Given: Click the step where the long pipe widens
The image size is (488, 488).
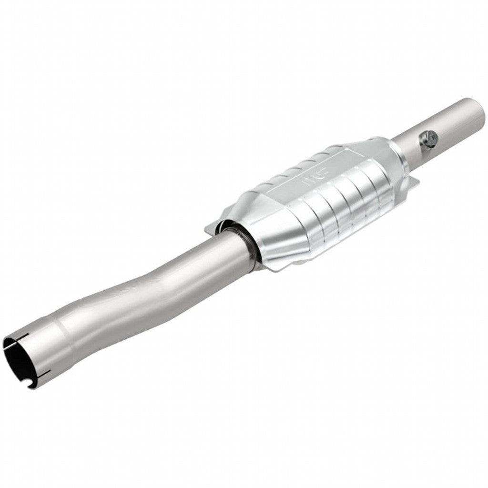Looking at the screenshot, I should click(x=60, y=329).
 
